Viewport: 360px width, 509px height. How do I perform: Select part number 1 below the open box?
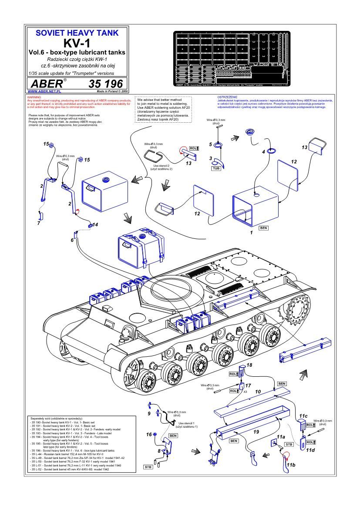251,233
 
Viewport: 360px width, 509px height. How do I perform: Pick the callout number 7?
39,223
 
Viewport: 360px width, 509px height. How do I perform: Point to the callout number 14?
95,224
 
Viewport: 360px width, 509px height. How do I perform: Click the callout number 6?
72,240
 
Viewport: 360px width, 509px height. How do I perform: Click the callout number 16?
149,434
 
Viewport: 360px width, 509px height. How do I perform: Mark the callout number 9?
149,413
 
